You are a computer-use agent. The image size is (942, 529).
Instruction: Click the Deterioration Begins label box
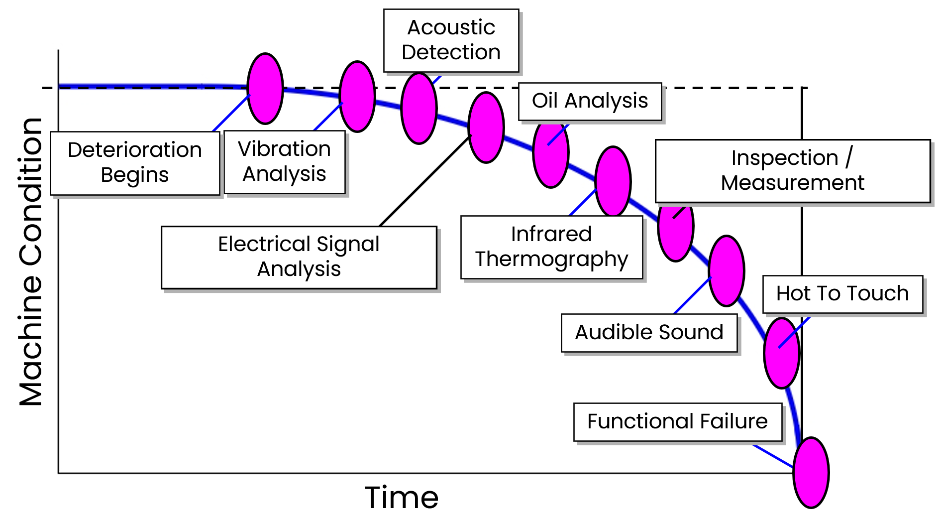click(135, 163)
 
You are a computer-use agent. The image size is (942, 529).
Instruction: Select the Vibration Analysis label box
click(284, 161)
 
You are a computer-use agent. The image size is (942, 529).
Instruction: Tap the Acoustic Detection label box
click(451, 40)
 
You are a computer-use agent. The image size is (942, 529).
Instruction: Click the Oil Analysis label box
click(590, 101)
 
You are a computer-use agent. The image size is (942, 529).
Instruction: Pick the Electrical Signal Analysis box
click(299, 257)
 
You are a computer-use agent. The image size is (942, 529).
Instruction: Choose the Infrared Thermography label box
click(551, 247)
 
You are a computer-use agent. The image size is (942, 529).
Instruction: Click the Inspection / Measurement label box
click(792, 170)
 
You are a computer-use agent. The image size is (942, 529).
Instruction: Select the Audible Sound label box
click(649, 332)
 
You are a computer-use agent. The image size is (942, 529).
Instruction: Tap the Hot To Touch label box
click(842, 294)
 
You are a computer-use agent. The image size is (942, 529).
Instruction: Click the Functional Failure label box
click(677, 422)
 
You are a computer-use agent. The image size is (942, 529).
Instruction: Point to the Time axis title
click(402, 497)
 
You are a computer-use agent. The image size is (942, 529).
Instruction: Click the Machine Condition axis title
click(31, 262)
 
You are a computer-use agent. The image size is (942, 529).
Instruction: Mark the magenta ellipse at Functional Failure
click(811, 473)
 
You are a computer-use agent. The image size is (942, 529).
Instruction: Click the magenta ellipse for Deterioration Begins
click(265, 89)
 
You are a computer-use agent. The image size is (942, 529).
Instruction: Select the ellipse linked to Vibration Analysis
click(357, 97)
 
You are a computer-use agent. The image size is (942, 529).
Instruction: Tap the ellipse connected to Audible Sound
click(727, 271)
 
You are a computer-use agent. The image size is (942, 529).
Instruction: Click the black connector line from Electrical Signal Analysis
click(425, 180)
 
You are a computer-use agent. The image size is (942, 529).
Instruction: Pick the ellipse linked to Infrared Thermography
click(613, 181)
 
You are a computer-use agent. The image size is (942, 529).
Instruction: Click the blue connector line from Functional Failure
click(773, 456)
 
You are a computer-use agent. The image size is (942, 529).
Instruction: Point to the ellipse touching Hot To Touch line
click(781, 353)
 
